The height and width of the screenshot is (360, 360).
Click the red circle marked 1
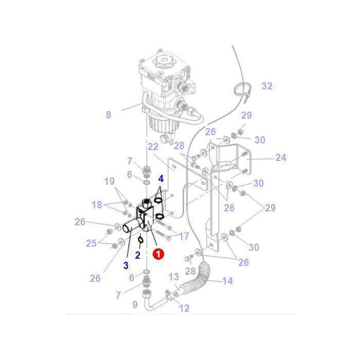coord(159,254)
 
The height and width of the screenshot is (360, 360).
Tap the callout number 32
coord(267,86)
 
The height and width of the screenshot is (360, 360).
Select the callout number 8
coord(109,115)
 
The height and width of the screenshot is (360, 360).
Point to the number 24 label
coord(280,158)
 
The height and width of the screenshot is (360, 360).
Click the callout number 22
coord(153,147)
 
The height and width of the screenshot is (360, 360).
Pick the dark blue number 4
coord(161,178)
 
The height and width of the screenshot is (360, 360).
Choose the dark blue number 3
coord(125,265)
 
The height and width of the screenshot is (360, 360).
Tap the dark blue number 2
coord(138,255)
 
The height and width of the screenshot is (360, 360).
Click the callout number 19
coord(110,181)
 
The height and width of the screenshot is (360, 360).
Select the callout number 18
coord(97,205)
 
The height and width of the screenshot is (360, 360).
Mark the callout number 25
coord(91,243)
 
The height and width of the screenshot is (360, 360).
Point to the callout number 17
coord(184,236)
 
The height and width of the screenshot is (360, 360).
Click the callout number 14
coord(227,281)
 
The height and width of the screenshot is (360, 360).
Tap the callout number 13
coord(173,278)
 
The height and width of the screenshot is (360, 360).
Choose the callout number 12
coord(184,309)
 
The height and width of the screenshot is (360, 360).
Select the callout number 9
coord(135,304)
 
